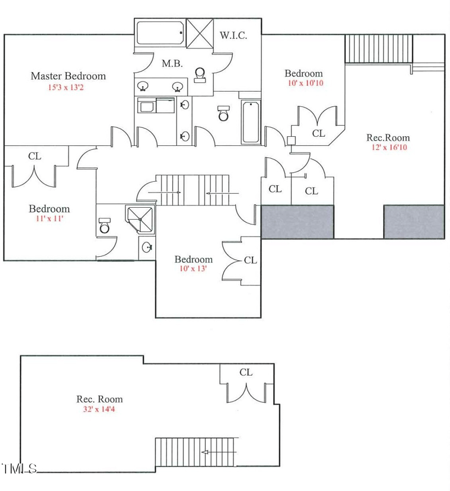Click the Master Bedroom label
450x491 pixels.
[x=68, y=76]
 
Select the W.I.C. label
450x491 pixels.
[x=233, y=35]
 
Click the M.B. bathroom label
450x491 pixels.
[x=172, y=64]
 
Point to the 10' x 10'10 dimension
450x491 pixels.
[x=304, y=83]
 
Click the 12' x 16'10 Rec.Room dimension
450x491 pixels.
[x=388, y=148]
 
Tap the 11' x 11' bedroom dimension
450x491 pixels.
[x=49, y=218]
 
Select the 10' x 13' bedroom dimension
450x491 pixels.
[x=193, y=269]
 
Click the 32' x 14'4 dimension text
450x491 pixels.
[x=100, y=409]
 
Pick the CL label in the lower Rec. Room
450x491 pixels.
[x=246, y=372]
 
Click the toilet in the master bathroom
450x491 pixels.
[x=199, y=75]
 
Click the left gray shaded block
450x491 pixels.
[x=298, y=221]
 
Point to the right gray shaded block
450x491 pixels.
[x=414, y=221]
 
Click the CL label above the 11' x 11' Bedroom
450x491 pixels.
[x=35, y=156]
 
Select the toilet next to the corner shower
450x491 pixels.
[x=104, y=226]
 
